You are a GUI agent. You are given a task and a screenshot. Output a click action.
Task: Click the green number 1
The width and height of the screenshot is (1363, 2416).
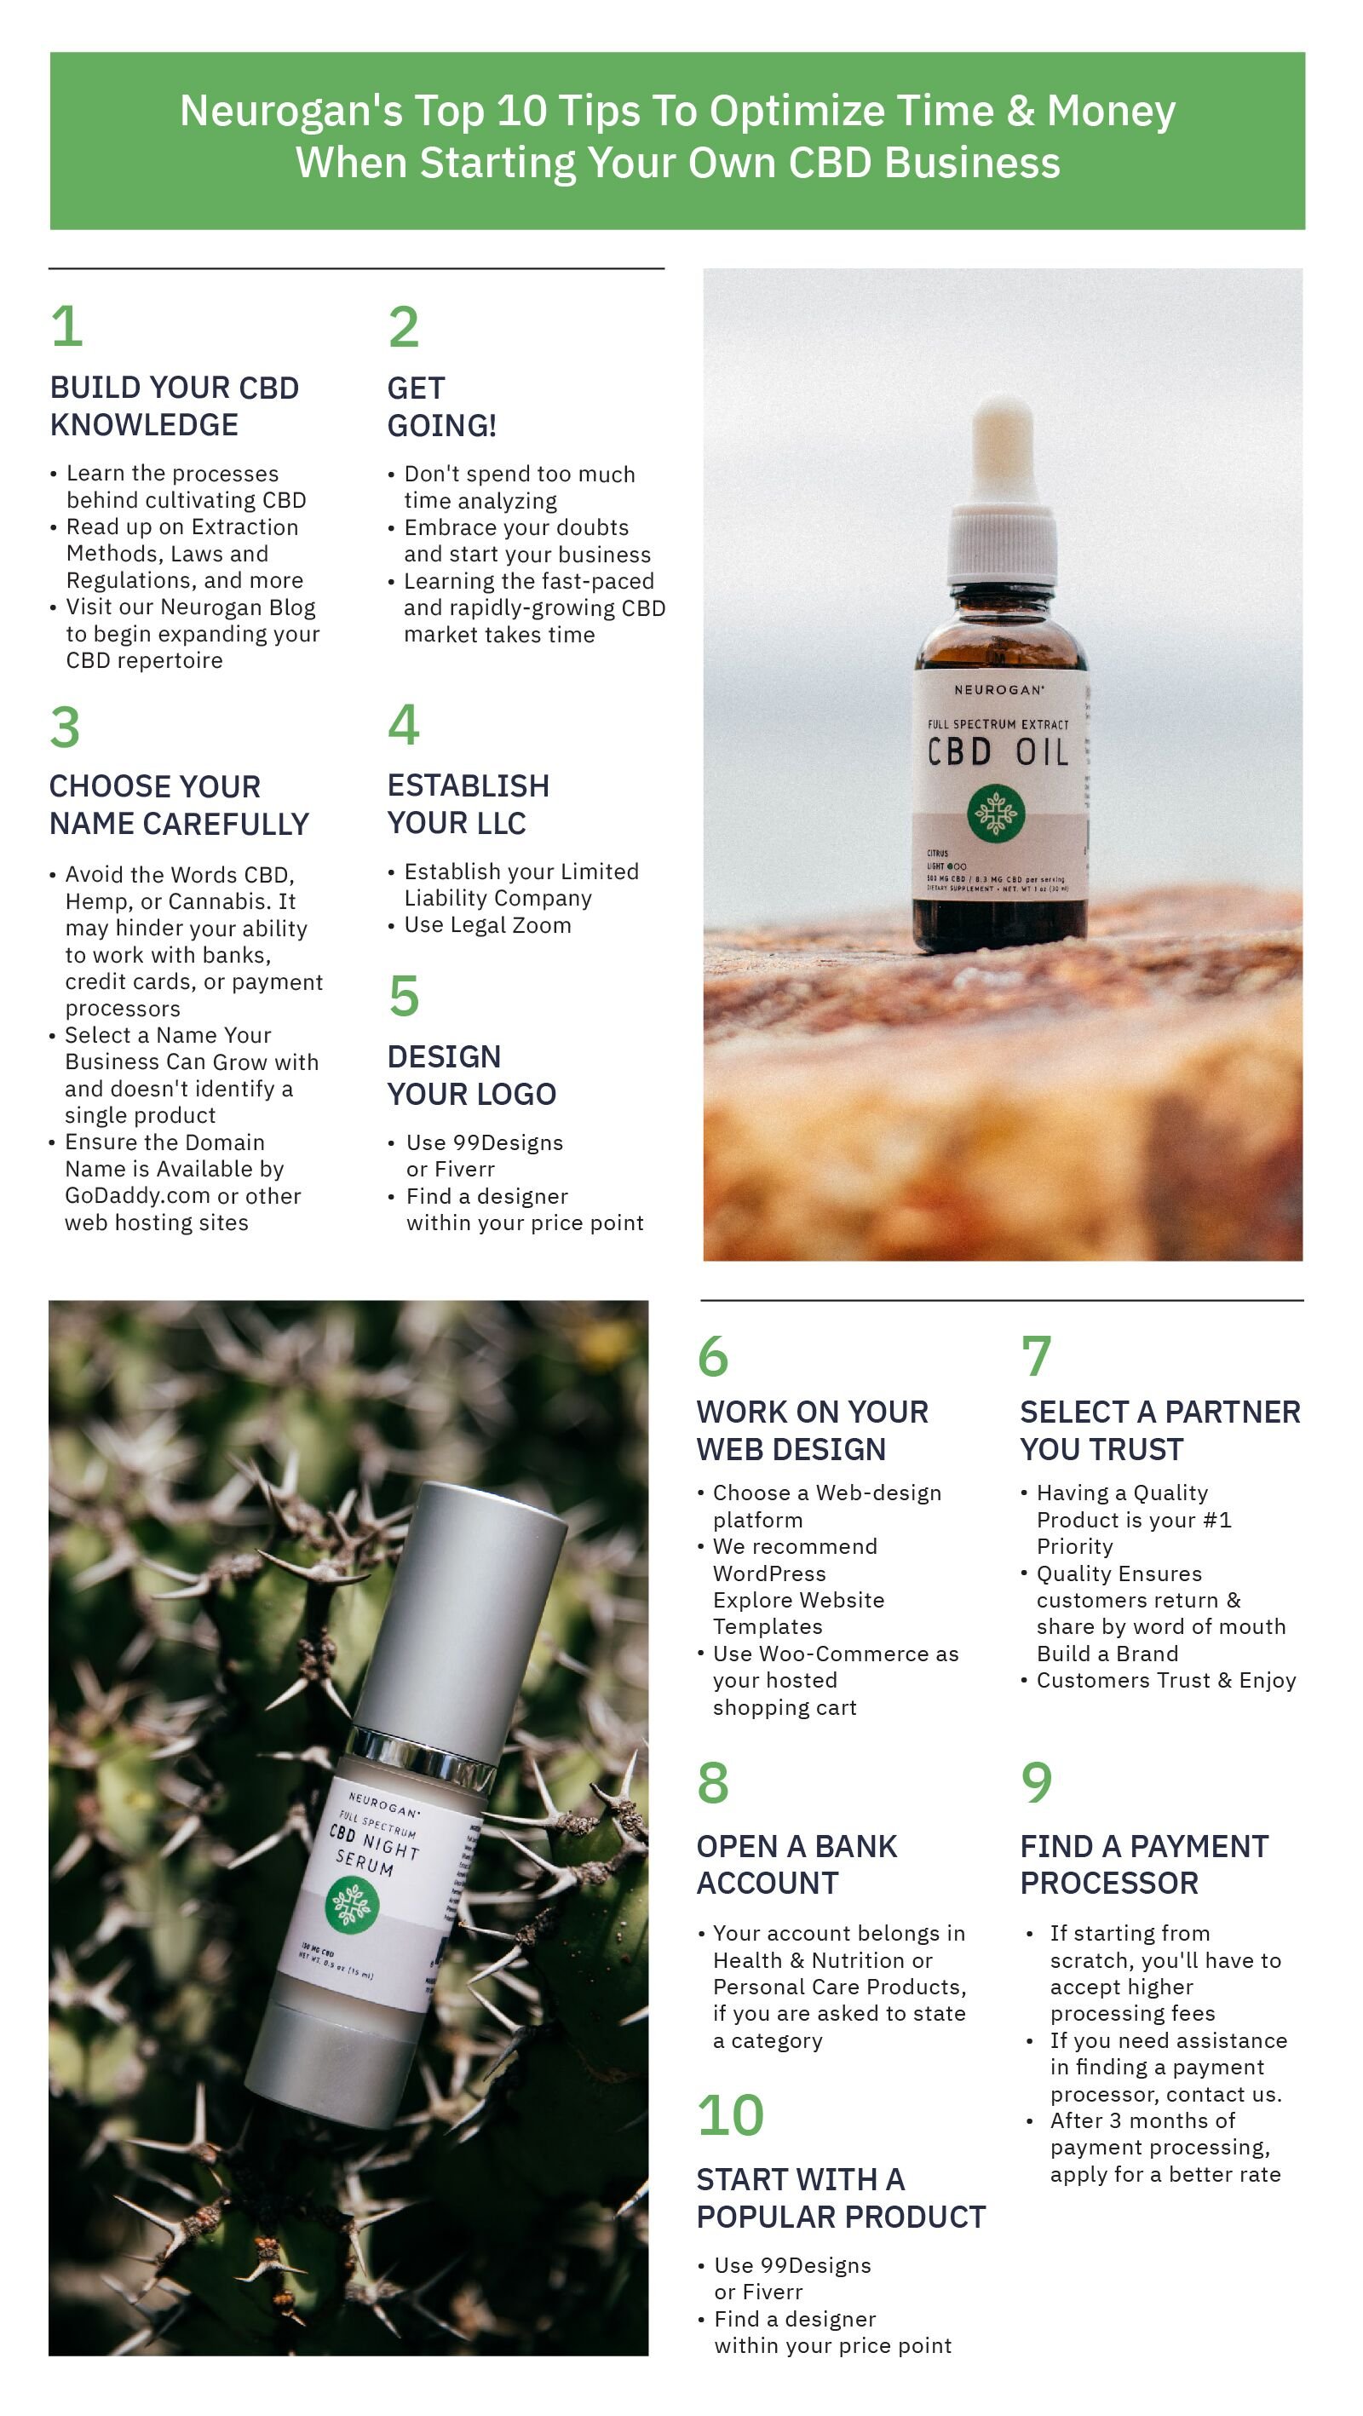(x=66, y=326)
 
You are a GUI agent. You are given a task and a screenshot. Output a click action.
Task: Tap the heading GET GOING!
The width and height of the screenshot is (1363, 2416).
(x=441, y=406)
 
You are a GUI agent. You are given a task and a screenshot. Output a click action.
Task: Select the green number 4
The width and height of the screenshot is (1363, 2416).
(x=404, y=725)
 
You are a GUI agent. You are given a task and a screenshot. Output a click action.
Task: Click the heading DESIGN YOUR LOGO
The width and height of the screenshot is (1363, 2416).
(x=471, y=1075)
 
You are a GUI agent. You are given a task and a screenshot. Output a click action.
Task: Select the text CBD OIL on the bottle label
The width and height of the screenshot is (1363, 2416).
(x=998, y=752)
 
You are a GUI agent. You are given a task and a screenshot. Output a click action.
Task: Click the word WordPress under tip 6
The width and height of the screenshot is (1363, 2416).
(x=769, y=1573)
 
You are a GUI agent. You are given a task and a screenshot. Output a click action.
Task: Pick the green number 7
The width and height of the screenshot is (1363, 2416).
(x=1036, y=1356)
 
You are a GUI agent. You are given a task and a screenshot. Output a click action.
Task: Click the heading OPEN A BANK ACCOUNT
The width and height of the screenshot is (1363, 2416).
(x=796, y=1865)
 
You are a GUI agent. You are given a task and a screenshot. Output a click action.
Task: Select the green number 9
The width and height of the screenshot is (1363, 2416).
(x=1036, y=1782)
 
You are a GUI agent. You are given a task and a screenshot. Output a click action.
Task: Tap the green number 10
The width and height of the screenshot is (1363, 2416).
(x=730, y=2115)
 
